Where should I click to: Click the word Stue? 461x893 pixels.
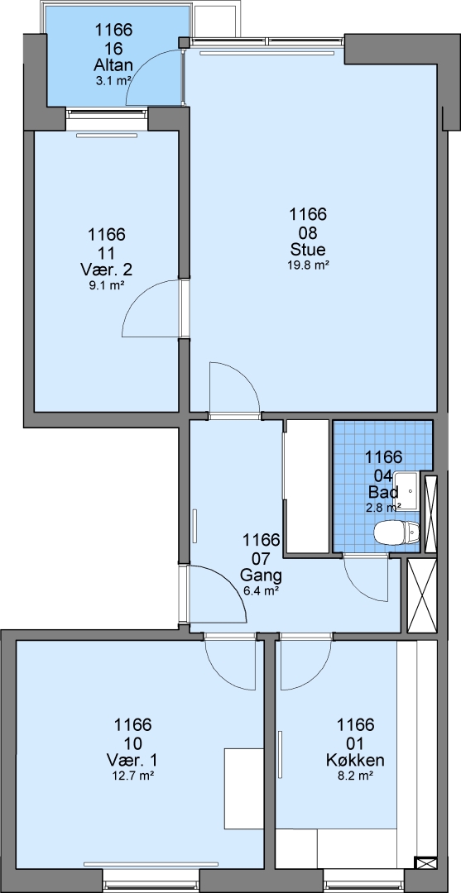308,250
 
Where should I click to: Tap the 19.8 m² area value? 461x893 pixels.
308,265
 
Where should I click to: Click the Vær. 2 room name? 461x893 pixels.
107,270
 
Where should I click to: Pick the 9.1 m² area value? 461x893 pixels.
107,285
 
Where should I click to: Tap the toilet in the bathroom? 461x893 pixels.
397,533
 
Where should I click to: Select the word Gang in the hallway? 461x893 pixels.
261,574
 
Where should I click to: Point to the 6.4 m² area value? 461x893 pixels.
261,591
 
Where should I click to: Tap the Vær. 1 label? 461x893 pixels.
132,760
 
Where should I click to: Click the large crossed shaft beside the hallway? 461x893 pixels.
422,595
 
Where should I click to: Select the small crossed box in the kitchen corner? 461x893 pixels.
425,862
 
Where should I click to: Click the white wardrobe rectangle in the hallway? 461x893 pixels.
307,486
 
